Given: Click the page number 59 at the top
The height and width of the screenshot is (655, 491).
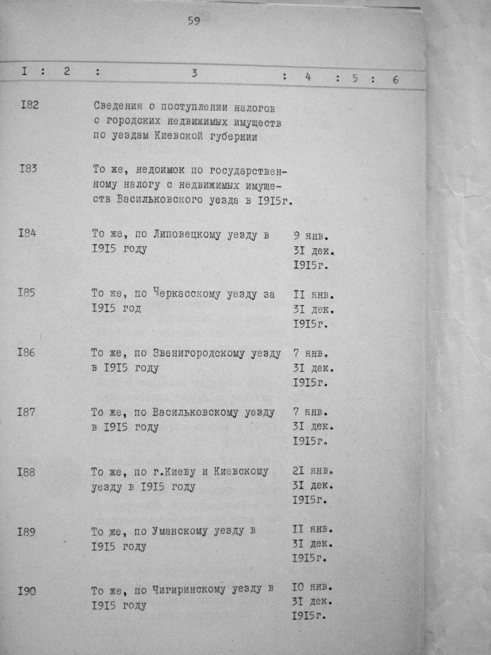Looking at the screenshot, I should click(x=194, y=21).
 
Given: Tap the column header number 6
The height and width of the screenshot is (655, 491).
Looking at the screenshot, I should click(x=396, y=79).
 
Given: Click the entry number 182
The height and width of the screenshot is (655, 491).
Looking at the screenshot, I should click(x=30, y=105).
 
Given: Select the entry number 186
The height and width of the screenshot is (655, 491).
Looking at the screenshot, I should click(x=26, y=353).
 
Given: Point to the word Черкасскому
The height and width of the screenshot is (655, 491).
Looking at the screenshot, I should click(x=187, y=294).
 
